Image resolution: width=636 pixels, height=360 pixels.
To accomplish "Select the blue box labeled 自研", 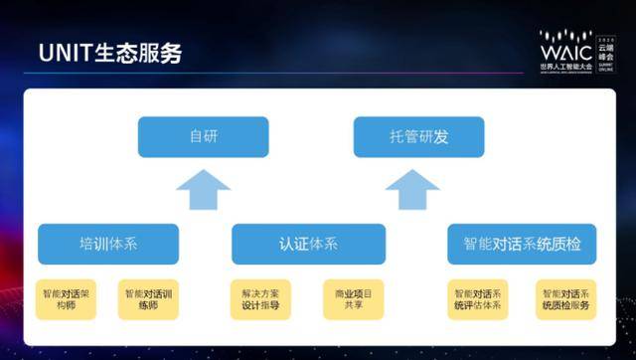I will click(203, 136).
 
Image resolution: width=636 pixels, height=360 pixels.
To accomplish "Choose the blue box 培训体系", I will click(108, 244).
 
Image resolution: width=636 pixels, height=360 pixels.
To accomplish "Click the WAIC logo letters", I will click(563, 45).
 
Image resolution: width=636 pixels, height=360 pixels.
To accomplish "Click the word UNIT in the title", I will click(62, 53).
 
